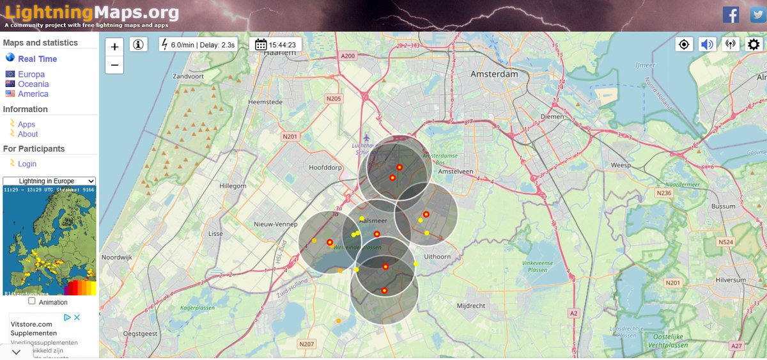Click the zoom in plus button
click(x=114, y=47)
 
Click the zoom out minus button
click(x=114, y=65)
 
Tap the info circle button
click(x=138, y=44)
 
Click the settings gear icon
click(x=754, y=44)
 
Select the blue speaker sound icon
click(x=706, y=44)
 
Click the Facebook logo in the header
click(x=731, y=15)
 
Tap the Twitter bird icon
click(x=757, y=15)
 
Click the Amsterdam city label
click(x=494, y=74)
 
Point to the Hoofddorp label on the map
click(x=325, y=167)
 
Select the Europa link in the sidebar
click(x=31, y=74)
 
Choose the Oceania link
click(x=33, y=84)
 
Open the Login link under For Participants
click(x=27, y=164)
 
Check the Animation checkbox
click(x=32, y=301)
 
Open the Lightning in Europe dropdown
click(x=49, y=181)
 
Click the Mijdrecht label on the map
click(x=471, y=306)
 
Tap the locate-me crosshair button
click(x=684, y=44)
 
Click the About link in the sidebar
click(x=28, y=134)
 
